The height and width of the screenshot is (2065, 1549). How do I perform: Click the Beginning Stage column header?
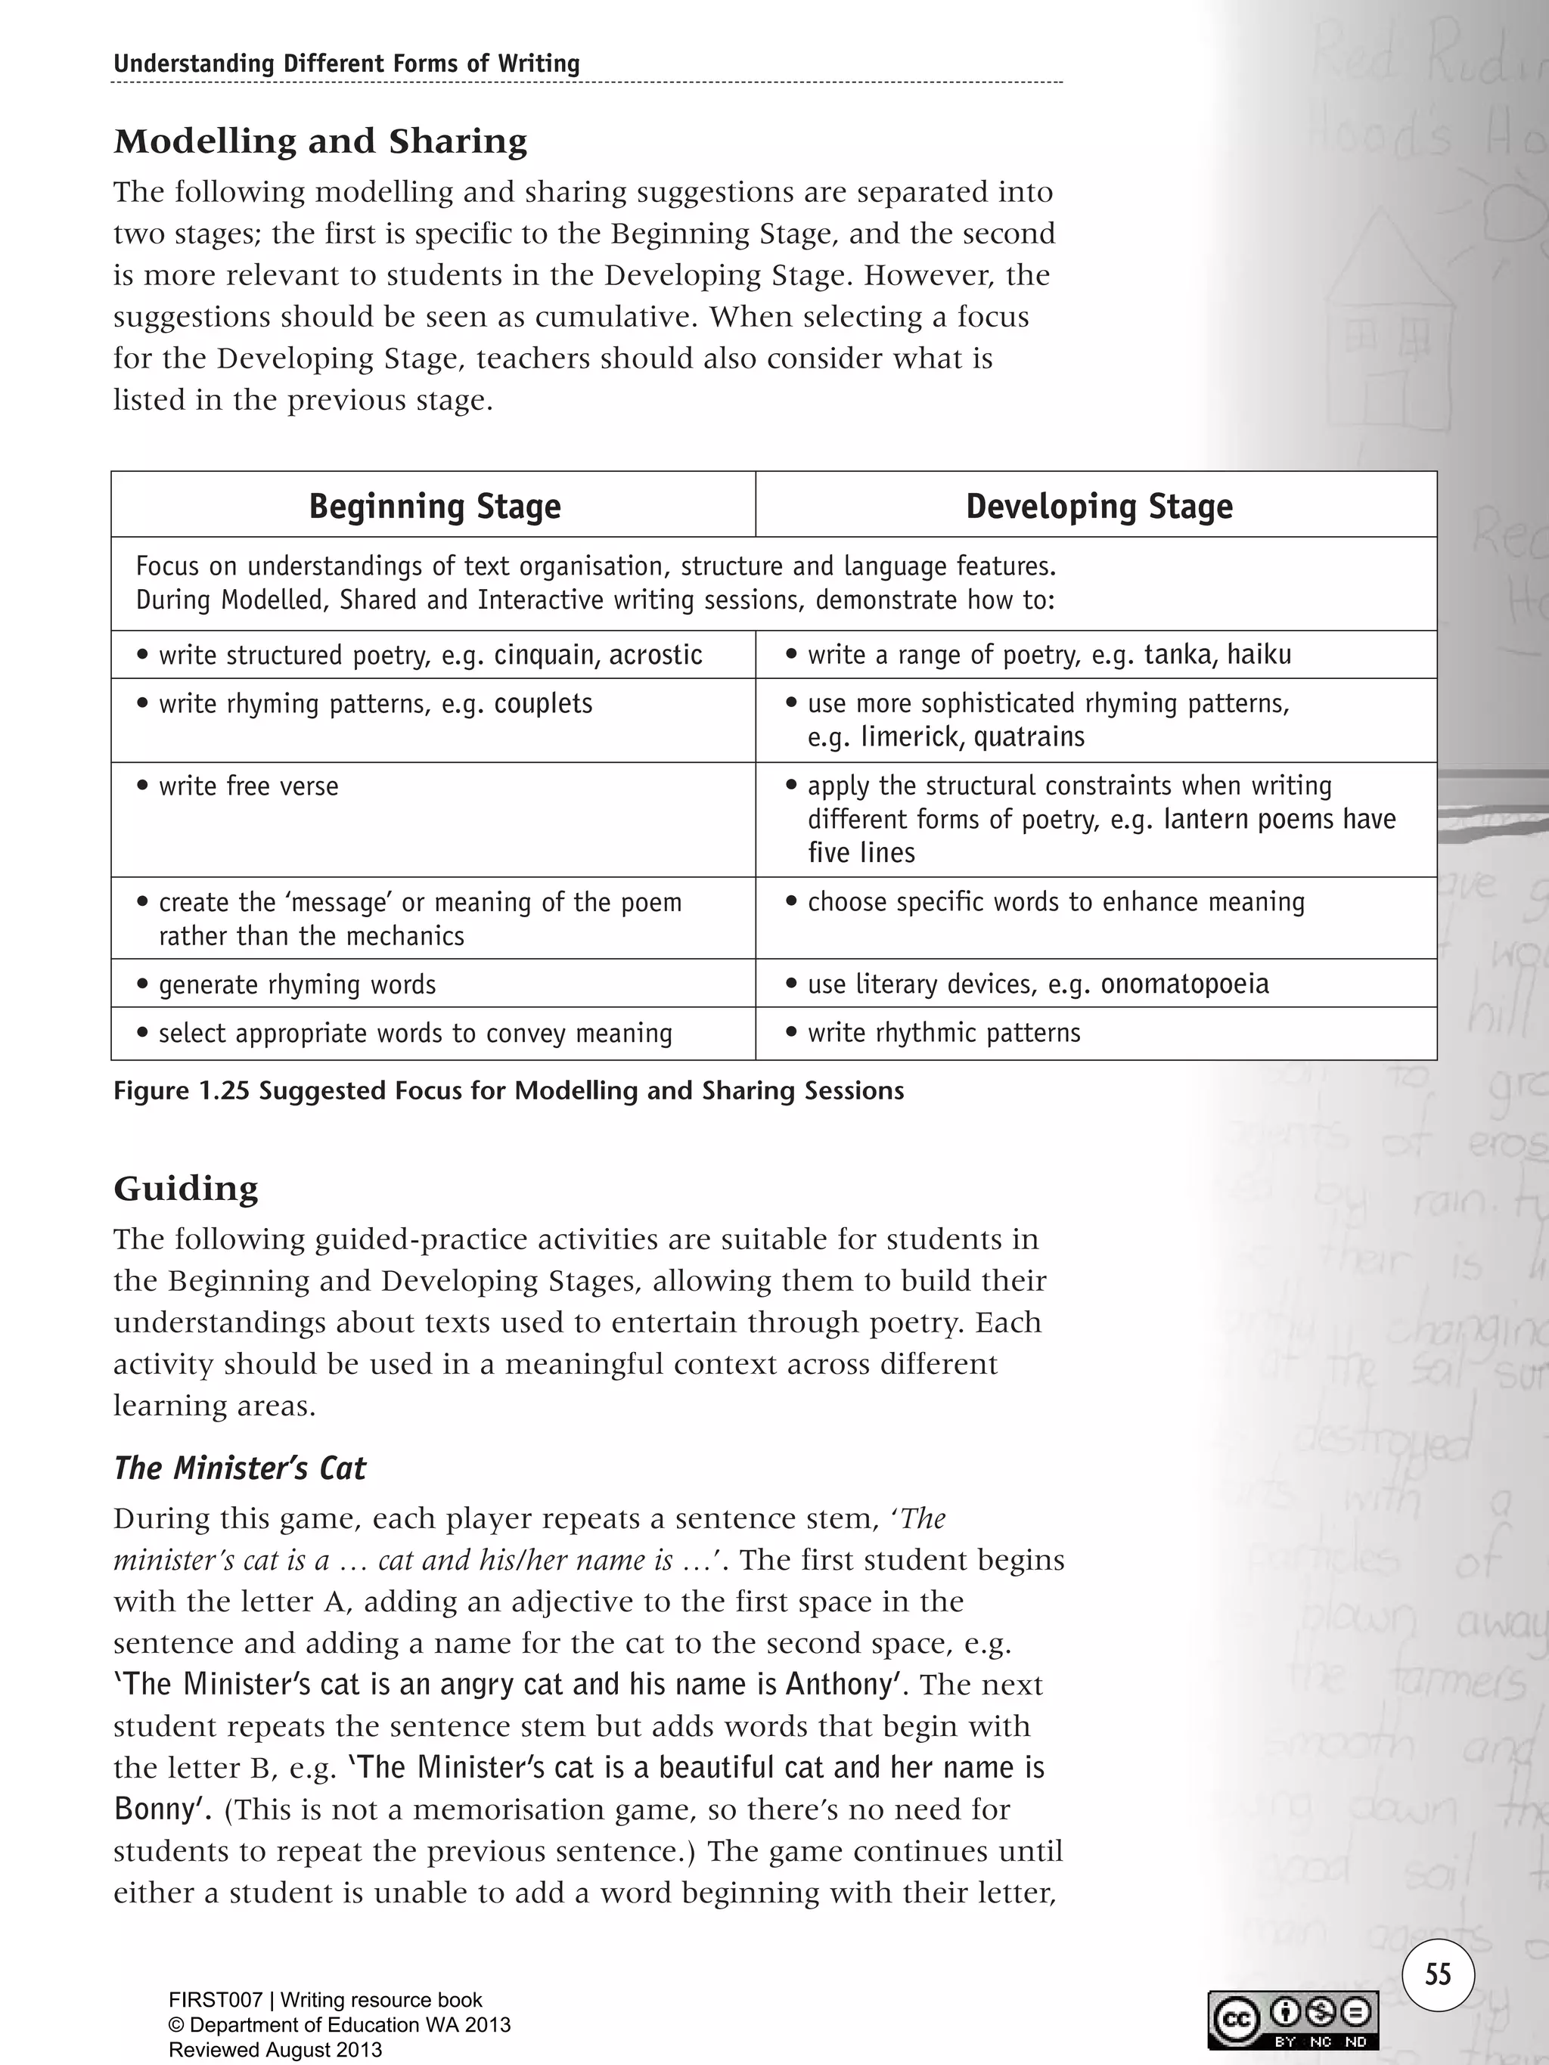[x=434, y=506]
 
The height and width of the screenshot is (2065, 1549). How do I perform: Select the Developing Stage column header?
[x=1098, y=506]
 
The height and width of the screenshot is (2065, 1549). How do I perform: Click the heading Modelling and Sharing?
[x=320, y=141]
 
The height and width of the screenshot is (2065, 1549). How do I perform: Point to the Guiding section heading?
[x=186, y=1189]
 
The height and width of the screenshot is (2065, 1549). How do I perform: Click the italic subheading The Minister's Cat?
[x=240, y=1468]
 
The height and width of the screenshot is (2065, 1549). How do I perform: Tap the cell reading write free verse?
[x=248, y=786]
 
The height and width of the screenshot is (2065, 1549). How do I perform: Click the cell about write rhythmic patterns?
[x=943, y=1033]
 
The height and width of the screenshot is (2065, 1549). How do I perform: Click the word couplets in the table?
[x=543, y=703]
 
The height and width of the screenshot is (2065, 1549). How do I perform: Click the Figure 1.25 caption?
[x=509, y=1090]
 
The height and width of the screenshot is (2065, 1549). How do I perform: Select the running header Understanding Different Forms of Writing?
[x=346, y=64]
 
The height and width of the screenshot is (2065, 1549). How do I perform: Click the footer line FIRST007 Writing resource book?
[x=325, y=2000]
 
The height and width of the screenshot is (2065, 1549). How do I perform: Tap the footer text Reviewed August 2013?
[x=275, y=2050]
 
